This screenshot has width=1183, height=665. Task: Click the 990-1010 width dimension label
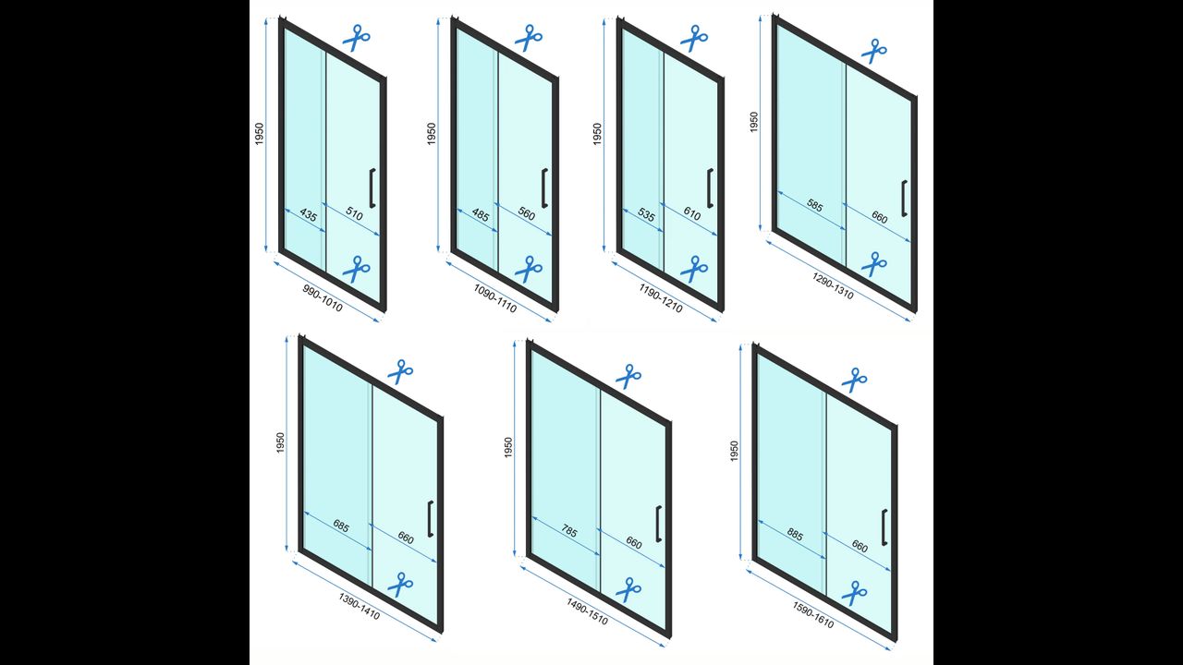(x=323, y=298)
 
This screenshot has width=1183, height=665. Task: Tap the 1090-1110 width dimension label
(x=494, y=298)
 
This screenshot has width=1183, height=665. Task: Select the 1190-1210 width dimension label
(x=661, y=297)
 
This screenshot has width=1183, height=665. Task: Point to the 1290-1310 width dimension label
(x=833, y=286)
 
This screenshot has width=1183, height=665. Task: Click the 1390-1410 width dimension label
(x=360, y=607)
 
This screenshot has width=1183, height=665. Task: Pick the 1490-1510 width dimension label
(x=587, y=611)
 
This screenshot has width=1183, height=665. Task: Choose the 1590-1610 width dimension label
(x=813, y=615)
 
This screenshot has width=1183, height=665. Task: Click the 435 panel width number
(x=309, y=215)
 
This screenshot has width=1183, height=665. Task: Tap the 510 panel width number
(x=354, y=213)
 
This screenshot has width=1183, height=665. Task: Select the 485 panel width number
(x=481, y=215)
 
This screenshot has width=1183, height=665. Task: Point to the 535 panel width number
(x=646, y=214)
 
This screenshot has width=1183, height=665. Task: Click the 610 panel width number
(x=692, y=213)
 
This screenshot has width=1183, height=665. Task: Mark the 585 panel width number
(x=814, y=205)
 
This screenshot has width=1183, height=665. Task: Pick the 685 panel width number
(x=341, y=526)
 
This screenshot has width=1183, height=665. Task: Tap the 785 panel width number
(x=568, y=531)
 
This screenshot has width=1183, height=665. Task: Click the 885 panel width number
(x=795, y=535)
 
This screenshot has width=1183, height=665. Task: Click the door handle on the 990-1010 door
(x=372, y=187)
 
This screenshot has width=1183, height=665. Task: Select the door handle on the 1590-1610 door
(x=884, y=527)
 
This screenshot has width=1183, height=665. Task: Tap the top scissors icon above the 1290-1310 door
(x=874, y=51)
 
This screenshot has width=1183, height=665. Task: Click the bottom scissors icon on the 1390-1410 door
(x=400, y=585)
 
